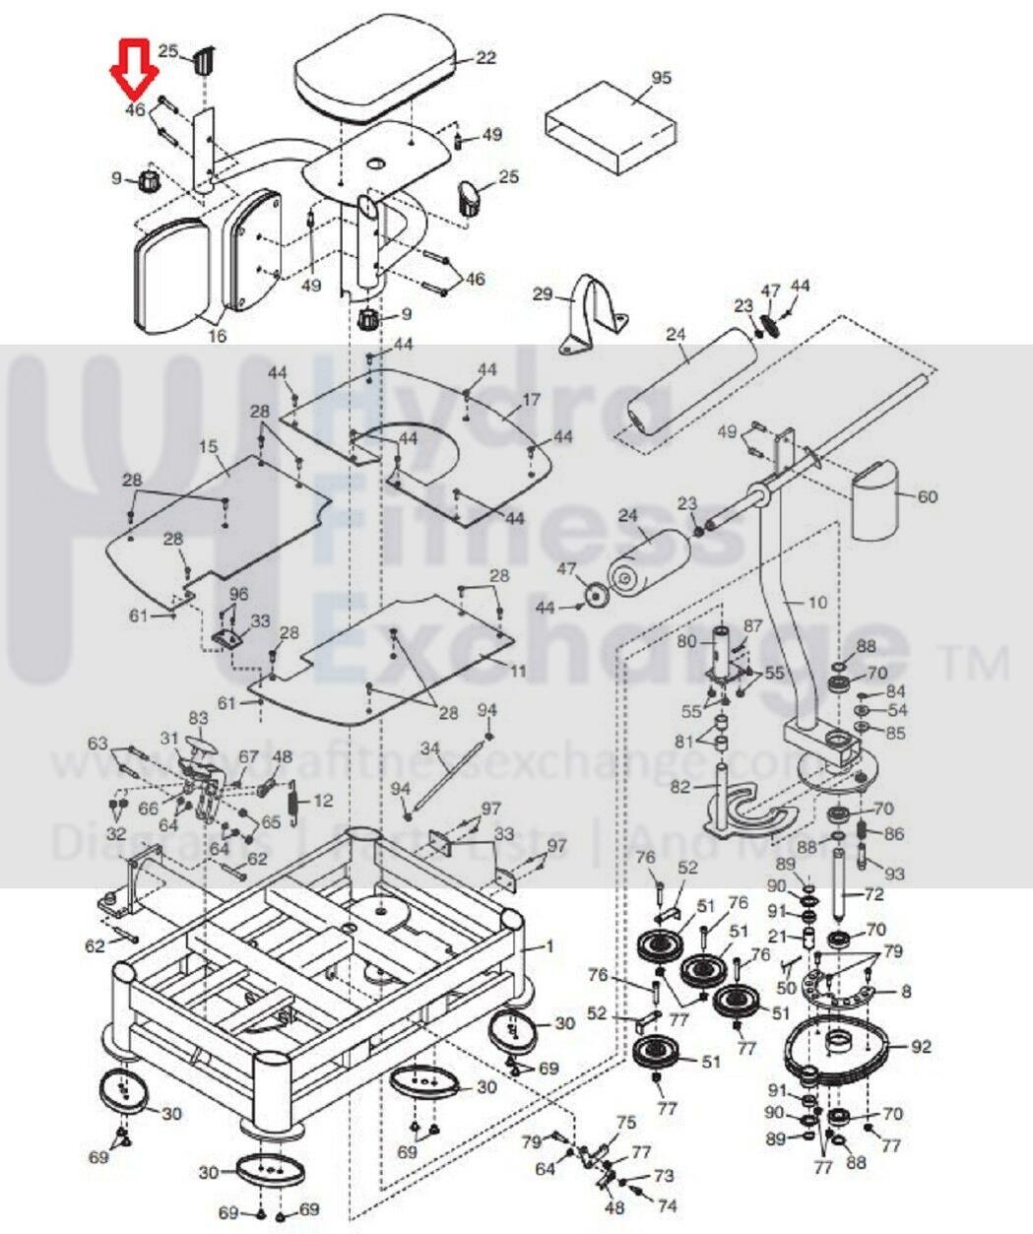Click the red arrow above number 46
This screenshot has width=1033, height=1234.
(134, 67)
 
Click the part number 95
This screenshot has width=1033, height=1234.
(661, 78)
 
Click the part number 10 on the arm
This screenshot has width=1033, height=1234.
(818, 602)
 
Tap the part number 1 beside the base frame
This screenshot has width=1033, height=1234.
(549, 947)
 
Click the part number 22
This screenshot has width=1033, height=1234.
(485, 58)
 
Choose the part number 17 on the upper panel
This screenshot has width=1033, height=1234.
(532, 400)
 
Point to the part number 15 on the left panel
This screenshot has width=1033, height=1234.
(208, 447)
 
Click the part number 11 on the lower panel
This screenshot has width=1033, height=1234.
(518, 672)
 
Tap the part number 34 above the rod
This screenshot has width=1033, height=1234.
(429, 747)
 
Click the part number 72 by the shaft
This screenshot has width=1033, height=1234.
(873, 895)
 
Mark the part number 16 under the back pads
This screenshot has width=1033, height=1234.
(218, 336)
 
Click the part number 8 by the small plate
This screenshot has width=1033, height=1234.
(906, 992)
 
